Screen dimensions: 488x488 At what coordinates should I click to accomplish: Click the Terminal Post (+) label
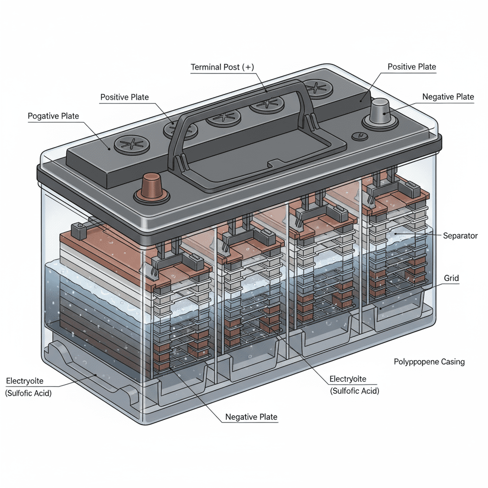pos(223,67)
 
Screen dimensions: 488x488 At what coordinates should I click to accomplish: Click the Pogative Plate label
pos(53,116)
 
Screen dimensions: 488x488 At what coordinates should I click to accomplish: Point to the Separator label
pos(460,236)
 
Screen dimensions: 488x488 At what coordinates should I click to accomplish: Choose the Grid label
pos(451,277)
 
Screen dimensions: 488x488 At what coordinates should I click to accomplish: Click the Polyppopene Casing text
pos(429,362)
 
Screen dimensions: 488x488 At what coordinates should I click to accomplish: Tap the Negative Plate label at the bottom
pos(251,417)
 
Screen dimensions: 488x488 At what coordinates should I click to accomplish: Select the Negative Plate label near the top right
pos(448,97)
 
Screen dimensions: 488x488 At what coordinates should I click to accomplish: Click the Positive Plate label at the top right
pos(412,67)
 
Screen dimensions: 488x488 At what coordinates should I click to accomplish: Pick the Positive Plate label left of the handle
pos(124,97)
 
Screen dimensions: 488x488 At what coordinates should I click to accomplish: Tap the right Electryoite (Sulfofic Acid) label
pos(355,385)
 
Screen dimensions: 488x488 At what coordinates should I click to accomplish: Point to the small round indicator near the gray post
pos(359,136)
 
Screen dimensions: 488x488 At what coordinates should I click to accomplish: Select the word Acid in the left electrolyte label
pos(43,393)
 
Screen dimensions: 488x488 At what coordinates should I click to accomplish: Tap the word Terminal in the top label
pos(206,67)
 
